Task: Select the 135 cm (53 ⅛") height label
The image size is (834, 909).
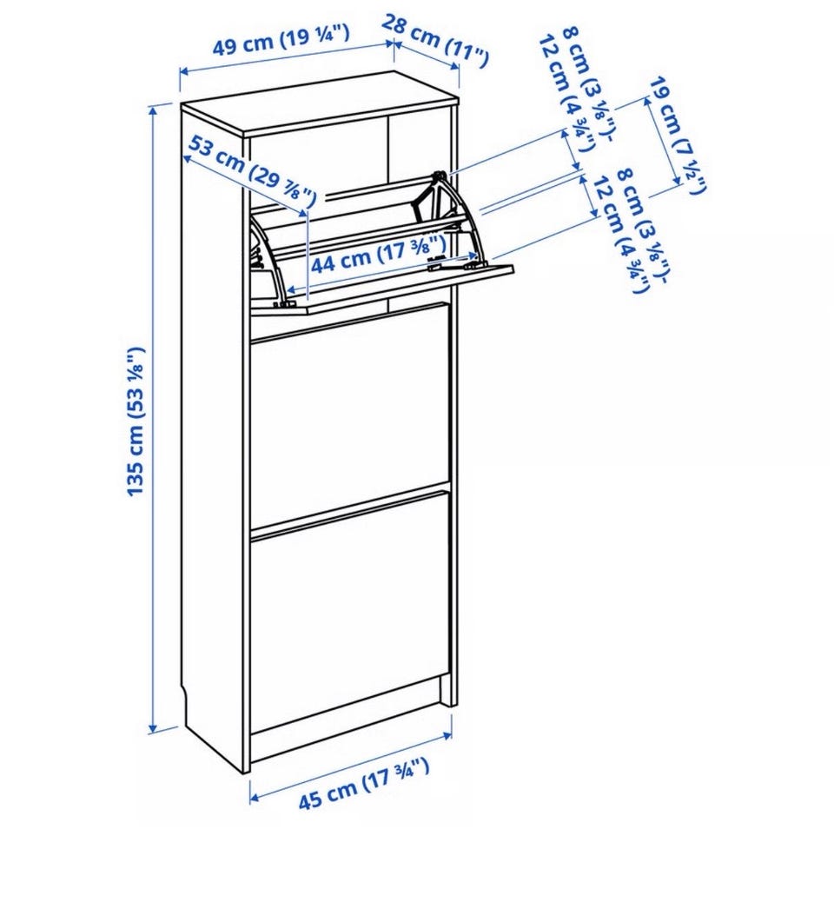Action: tap(135, 421)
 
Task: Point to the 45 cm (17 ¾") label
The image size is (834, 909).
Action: tap(364, 784)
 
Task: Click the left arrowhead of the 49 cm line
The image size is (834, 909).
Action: tap(183, 72)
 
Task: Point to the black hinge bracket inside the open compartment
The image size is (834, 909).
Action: tap(422, 197)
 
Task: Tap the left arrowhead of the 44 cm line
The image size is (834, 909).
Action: tap(292, 290)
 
